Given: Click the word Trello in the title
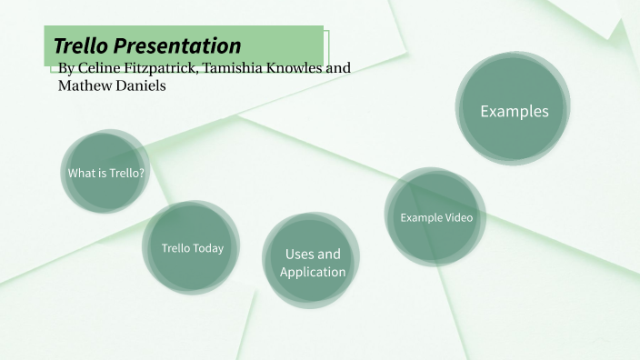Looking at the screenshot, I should (82, 45).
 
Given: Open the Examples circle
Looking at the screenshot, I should (514, 111).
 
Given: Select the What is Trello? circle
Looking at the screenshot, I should (105, 173).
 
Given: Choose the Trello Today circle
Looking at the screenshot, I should (192, 248).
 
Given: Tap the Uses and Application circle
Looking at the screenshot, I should (313, 263).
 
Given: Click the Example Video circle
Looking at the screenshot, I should (436, 217).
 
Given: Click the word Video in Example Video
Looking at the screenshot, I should (459, 217).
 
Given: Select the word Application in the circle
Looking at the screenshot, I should (313, 272).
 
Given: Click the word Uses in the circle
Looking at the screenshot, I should (299, 254).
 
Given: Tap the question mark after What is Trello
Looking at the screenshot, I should (142, 173).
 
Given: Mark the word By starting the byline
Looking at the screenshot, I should (65, 69).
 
